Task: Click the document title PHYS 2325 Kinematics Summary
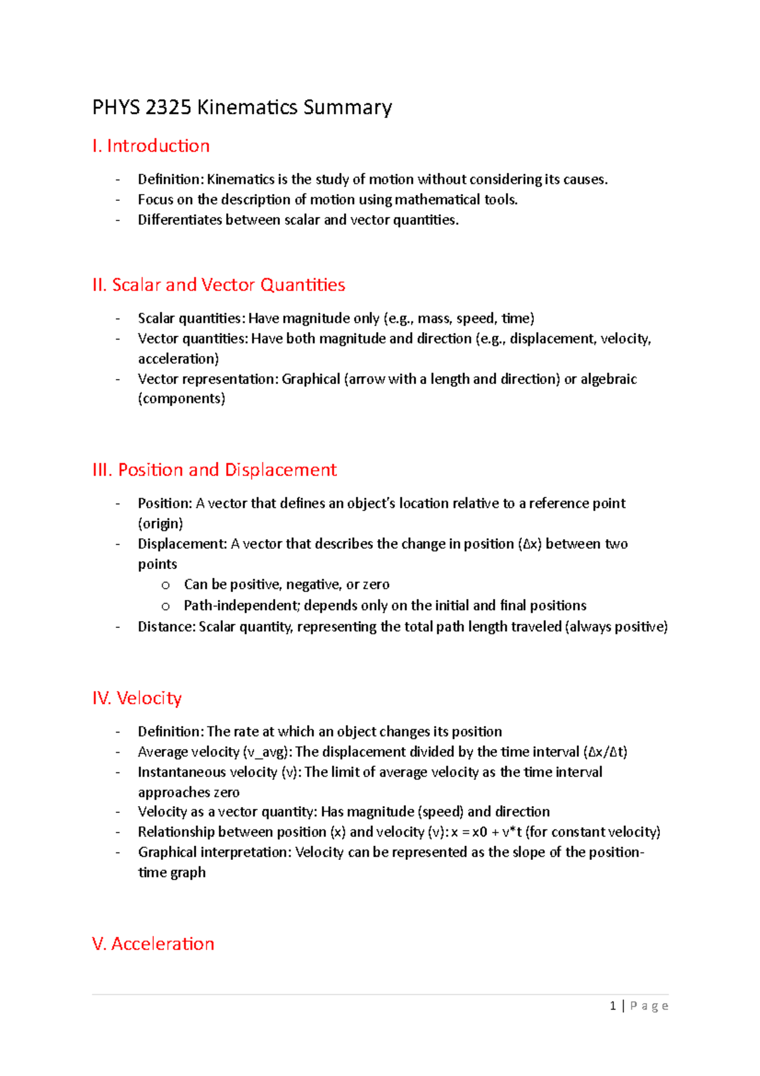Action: pos(242,107)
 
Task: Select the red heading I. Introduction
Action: pos(151,146)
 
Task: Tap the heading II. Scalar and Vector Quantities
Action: pos(218,285)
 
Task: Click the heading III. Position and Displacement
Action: pos(214,470)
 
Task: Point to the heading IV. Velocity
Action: pos(137,698)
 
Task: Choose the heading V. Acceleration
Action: pos(153,944)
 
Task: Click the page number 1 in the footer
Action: pos(612,1006)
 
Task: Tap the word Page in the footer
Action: pos(649,1006)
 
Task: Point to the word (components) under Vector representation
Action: pos(182,399)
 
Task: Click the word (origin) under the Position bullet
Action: pos(160,523)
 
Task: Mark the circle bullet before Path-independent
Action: pos(165,606)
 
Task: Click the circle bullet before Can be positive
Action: pos(165,586)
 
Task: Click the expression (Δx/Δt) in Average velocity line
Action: pos(605,752)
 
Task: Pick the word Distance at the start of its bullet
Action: pos(166,627)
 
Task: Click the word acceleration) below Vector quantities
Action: pos(179,359)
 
